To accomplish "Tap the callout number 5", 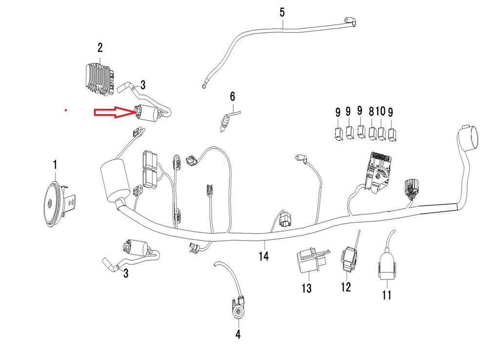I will [282, 12].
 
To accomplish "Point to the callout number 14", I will [264, 255].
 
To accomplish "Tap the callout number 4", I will [238, 335].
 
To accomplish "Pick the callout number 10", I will [381, 112].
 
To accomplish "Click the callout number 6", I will [233, 96].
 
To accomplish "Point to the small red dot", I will [65, 110].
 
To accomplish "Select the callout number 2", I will [100, 48].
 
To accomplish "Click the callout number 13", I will [306, 289].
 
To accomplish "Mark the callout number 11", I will [386, 295].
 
